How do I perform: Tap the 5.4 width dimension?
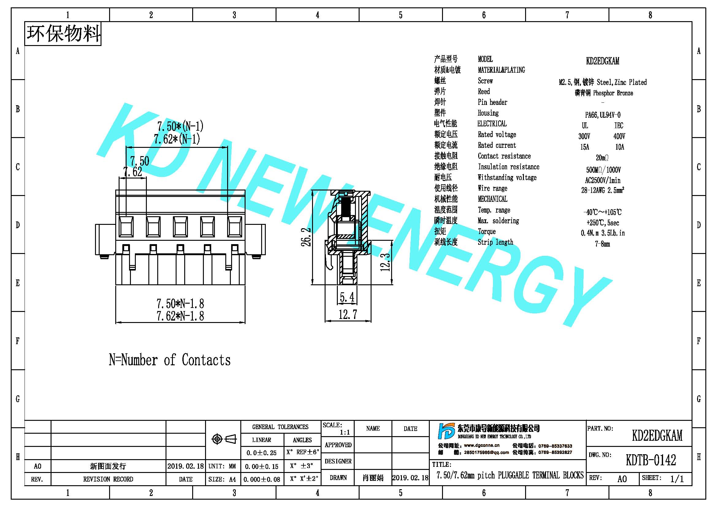click(347, 297)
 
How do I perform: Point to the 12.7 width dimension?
click(348, 314)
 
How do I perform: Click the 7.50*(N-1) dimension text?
click(180, 126)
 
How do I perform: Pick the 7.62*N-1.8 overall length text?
click(180, 316)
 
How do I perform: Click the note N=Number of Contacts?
click(170, 360)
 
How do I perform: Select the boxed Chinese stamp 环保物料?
click(63, 34)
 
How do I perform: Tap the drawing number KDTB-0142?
click(651, 459)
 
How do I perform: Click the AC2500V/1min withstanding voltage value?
click(603, 180)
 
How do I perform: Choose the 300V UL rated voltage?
click(584, 136)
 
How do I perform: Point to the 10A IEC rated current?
click(620, 147)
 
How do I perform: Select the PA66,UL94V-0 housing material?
click(603, 115)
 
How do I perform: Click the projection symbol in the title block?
click(224, 439)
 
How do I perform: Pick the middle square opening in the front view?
click(181, 226)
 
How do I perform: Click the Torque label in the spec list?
click(486, 232)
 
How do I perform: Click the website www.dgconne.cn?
click(482, 445)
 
